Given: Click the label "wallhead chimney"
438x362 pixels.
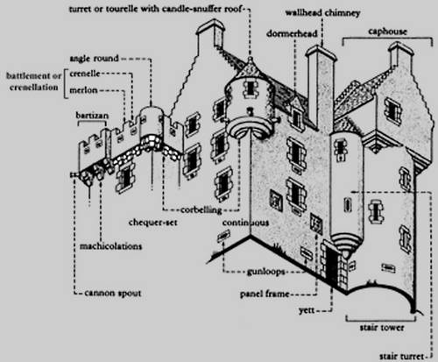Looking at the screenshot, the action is (x=322, y=13).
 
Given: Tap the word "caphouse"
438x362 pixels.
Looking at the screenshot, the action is (x=387, y=32).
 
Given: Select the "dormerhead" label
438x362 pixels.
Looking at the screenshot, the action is (x=292, y=33).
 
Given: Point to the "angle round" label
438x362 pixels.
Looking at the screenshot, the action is (x=94, y=59).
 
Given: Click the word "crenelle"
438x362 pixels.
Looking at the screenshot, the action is (x=85, y=74).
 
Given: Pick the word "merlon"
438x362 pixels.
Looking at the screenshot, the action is (x=83, y=90).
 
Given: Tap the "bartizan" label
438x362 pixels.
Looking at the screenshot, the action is (x=92, y=115).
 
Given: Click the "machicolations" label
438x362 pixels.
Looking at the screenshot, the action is (x=111, y=246).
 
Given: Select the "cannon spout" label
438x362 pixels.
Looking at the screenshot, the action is (x=113, y=293).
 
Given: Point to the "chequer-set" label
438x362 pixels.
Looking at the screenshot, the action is (x=153, y=223).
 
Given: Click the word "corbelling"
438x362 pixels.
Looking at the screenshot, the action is (x=201, y=209).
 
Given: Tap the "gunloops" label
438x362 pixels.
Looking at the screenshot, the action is (x=265, y=272).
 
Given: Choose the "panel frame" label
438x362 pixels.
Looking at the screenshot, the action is (x=265, y=294).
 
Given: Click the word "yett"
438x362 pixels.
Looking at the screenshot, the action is (x=307, y=310).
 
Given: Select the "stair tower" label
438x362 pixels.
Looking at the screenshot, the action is (x=382, y=328).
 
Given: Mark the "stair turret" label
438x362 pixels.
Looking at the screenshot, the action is (x=401, y=356).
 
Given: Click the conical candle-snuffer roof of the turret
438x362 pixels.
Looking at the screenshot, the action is (x=250, y=68).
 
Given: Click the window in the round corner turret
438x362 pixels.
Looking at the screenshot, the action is (x=251, y=88).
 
